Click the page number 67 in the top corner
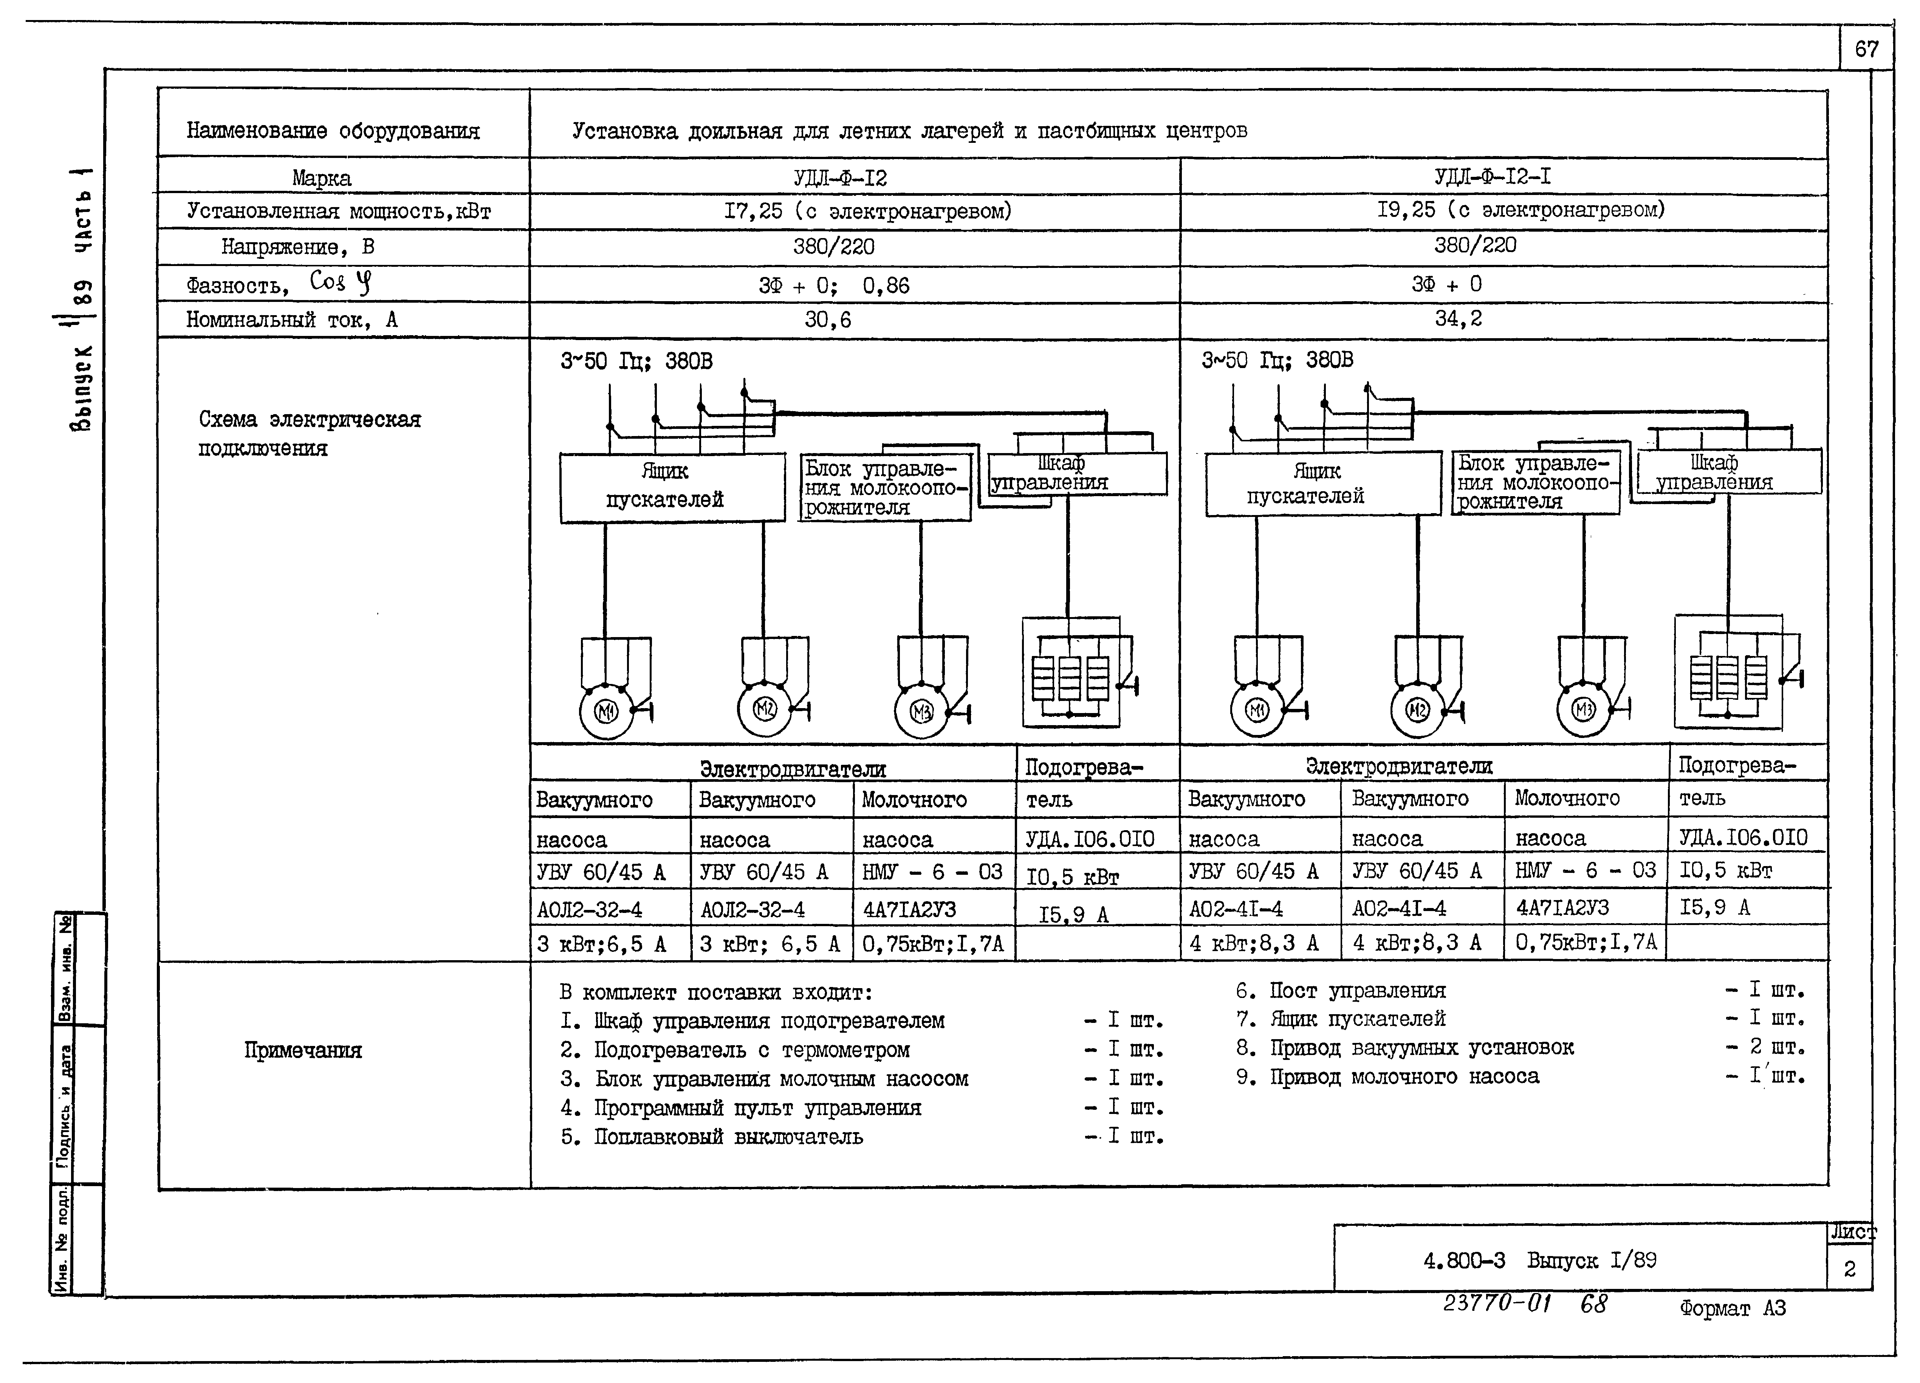pyautogui.click(x=1866, y=49)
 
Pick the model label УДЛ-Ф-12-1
pyautogui.click(x=1493, y=177)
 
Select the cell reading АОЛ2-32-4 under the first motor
pyautogui.click(x=589, y=910)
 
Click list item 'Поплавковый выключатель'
pyautogui.click(x=728, y=1137)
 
